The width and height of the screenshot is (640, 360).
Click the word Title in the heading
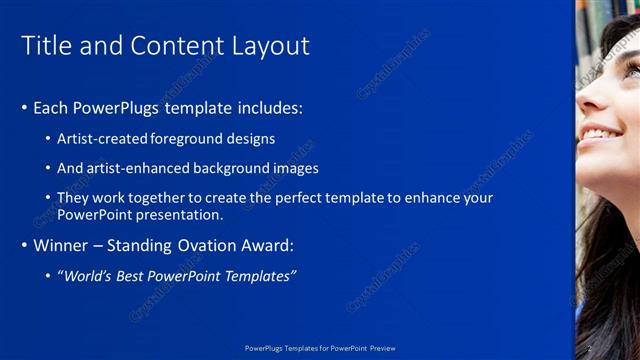tap(45, 46)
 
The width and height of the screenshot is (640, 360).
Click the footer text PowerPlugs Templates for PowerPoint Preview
tap(320, 348)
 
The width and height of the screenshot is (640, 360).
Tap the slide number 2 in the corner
tap(590, 348)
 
